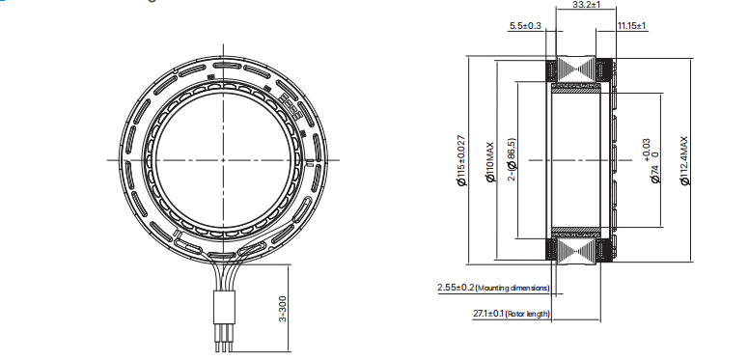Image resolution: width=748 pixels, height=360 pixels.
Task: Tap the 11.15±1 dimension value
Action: (x=631, y=26)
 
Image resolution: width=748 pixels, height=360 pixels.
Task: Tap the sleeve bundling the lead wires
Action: (x=221, y=310)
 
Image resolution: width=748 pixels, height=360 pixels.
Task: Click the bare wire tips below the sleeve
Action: (x=222, y=342)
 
